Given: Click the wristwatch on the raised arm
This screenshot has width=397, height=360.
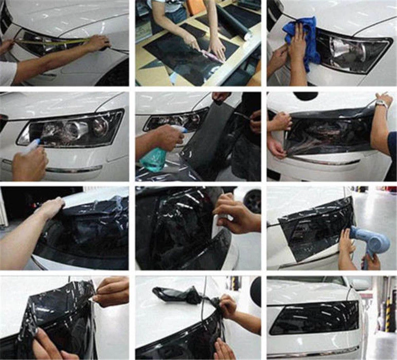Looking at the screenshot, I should [x=381, y=103].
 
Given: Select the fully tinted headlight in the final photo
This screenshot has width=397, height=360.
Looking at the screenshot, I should [x=314, y=316].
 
